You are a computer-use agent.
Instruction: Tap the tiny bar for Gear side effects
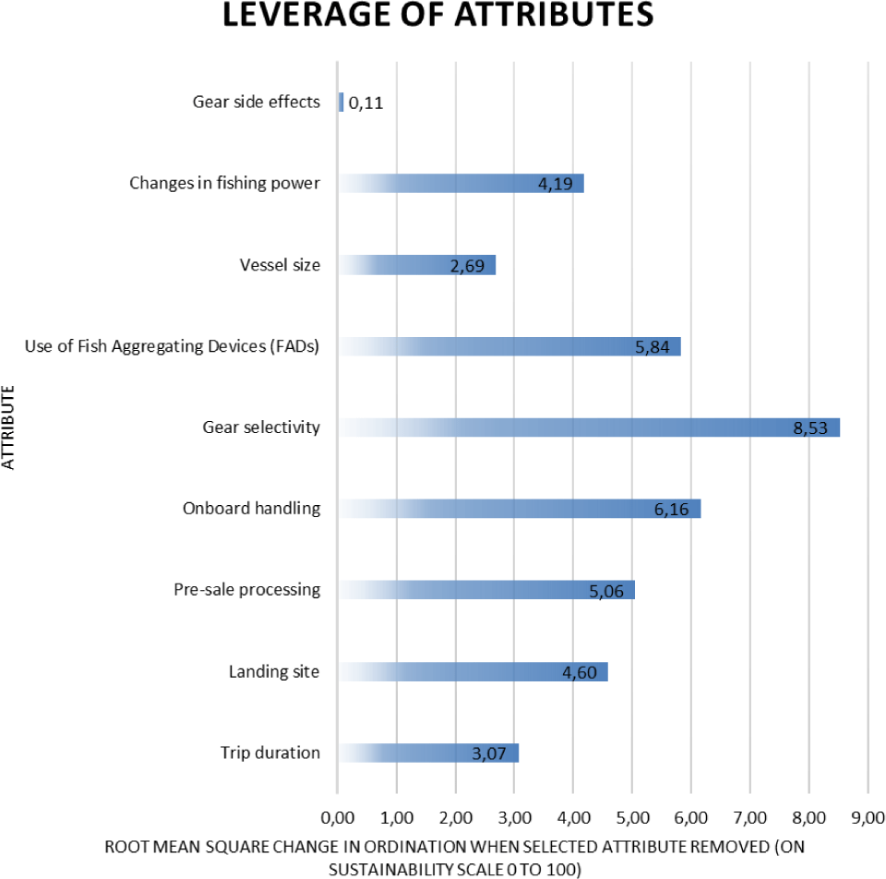tap(341, 102)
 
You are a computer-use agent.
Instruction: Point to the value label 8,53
tap(811, 427)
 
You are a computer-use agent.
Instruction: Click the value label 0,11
tap(365, 103)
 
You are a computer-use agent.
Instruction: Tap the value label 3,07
tap(490, 753)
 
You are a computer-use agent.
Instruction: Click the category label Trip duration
tap(270, 753)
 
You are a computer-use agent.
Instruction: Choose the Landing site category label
tap(274, 671)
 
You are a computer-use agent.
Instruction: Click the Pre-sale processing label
tap(247, 590)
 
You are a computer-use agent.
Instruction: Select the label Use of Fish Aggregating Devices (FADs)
tap(173, 346)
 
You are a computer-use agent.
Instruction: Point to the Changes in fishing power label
tap(224, 183)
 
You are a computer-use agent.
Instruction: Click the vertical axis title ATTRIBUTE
tap(10, 427)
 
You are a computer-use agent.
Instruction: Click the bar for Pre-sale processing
tap(486, 590)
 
